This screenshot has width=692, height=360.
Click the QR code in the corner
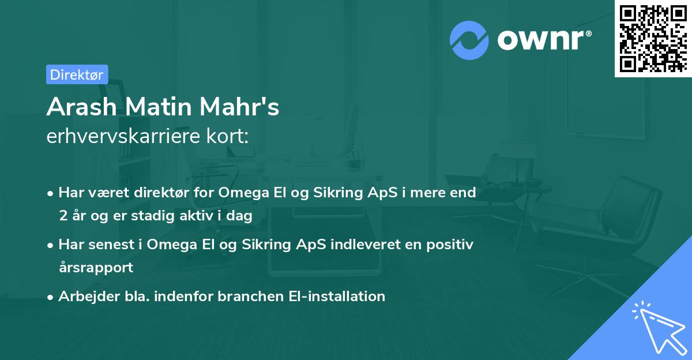point(653,39)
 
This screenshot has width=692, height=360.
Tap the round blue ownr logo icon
point(469,40)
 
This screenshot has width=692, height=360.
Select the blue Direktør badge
point(77,74)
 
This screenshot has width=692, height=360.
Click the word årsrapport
point(96,267)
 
